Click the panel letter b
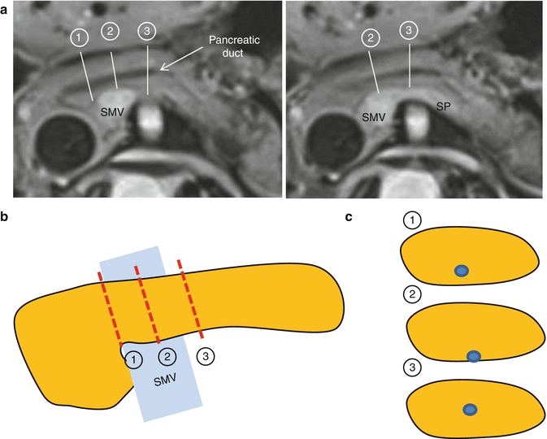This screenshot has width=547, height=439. tap(6, 217)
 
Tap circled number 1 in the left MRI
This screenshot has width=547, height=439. tap(78, 38)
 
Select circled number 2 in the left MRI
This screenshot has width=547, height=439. tap(110, 31)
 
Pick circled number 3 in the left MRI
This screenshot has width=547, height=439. tap(147, 31)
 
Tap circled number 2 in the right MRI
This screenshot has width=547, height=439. tap(371, 38)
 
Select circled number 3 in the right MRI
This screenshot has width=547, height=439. tap(409, 31)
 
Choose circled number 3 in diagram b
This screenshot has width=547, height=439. tap(206, 356)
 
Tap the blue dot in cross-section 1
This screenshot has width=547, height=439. tap(461, 271)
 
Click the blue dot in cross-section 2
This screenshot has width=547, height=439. tap(474, 355)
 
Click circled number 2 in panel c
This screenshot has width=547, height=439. tap(412, 293)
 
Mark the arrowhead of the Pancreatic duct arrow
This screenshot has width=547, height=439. tap(162, 72)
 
